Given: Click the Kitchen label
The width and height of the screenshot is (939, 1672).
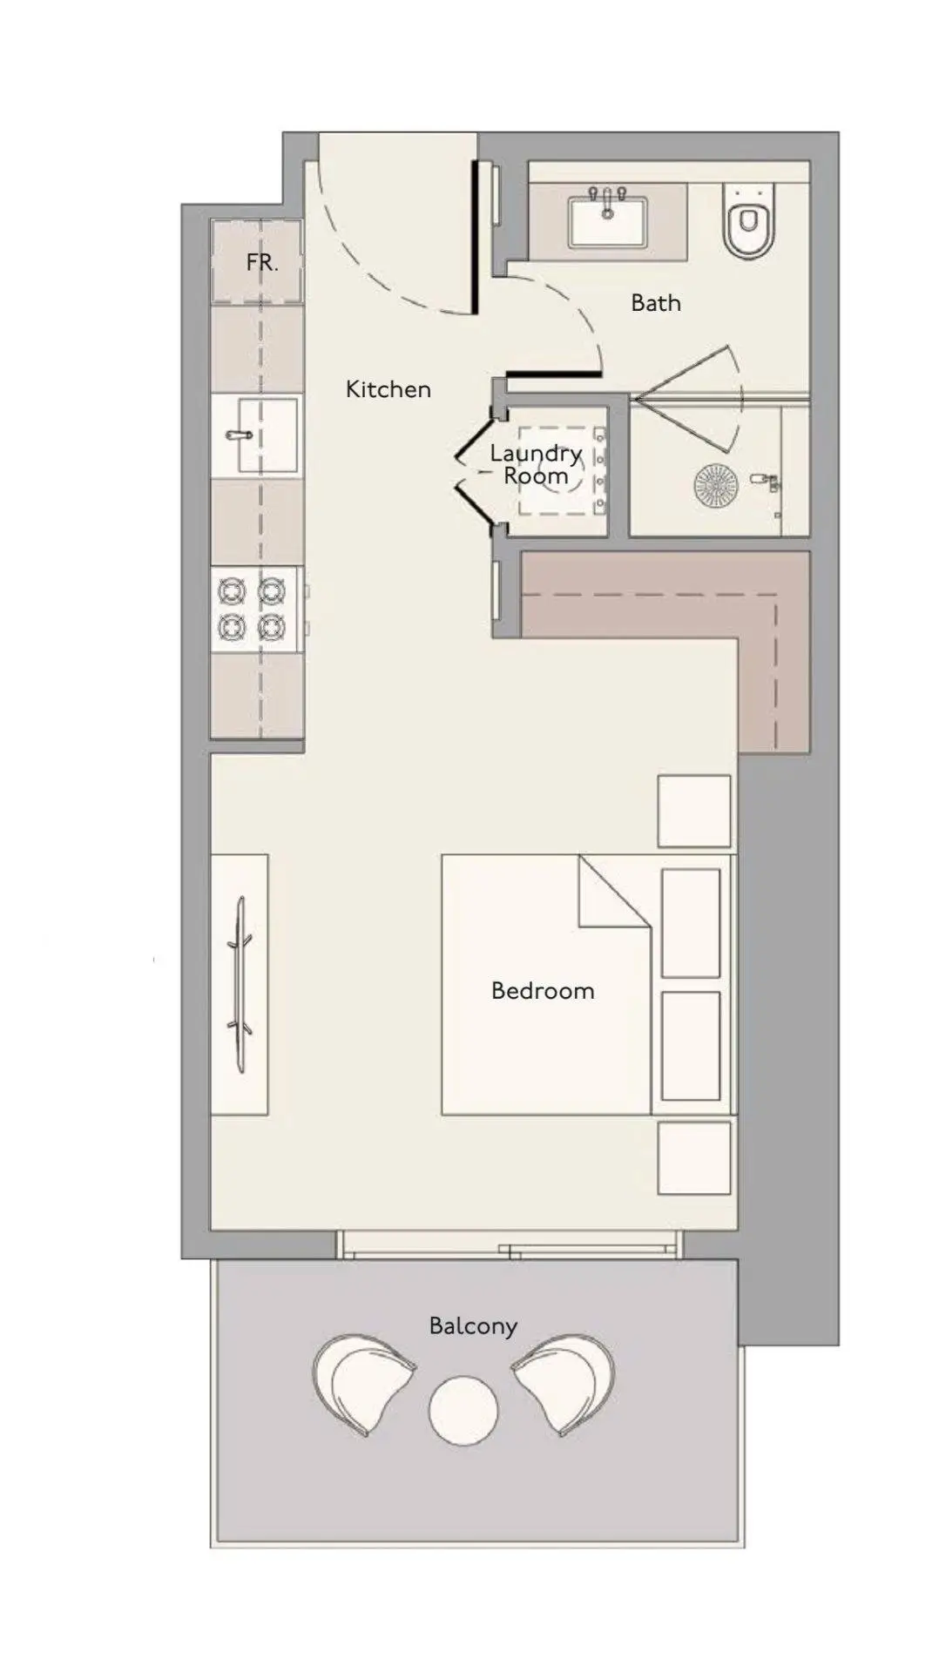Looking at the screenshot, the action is click(388, 388).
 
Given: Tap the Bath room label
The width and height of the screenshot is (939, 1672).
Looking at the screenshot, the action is click(655, 303).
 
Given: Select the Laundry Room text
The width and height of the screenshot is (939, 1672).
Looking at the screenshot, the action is click(536, 464).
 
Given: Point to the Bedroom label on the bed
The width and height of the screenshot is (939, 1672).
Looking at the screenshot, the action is click(543, 990).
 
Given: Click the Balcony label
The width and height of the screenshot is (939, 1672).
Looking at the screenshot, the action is click(473, 1326).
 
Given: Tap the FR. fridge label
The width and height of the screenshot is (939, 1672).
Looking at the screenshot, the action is click(261, 262).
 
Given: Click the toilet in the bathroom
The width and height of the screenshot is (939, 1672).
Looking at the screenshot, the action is click(746, 220).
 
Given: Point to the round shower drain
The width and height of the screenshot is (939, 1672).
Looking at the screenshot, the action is click(716, 484).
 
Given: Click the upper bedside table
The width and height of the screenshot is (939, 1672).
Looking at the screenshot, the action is click(694, 811).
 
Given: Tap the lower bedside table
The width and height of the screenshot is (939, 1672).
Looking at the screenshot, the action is click(694, 1157).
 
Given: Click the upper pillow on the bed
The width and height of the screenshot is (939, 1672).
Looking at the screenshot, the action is click(691, 923).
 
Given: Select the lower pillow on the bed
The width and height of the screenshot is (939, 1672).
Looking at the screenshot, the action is click(691, 1046).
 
